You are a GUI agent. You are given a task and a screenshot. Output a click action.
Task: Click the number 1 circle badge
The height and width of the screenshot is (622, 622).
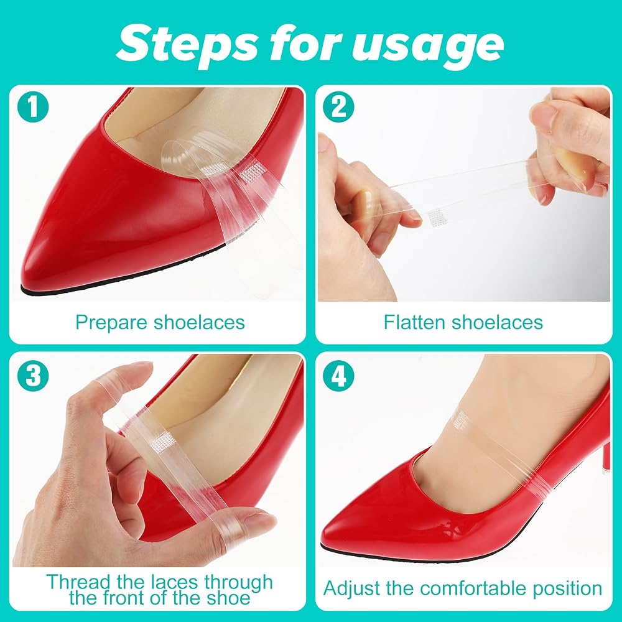[33, 107]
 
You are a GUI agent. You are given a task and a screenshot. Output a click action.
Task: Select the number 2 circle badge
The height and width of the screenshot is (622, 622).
[338, 107]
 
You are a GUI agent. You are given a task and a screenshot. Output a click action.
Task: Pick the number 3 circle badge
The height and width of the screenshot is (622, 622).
[33, 375]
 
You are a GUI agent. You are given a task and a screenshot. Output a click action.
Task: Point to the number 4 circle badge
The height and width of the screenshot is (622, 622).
[338, 375]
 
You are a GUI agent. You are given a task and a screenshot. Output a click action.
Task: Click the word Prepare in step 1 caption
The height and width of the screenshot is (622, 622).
[111, 322]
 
